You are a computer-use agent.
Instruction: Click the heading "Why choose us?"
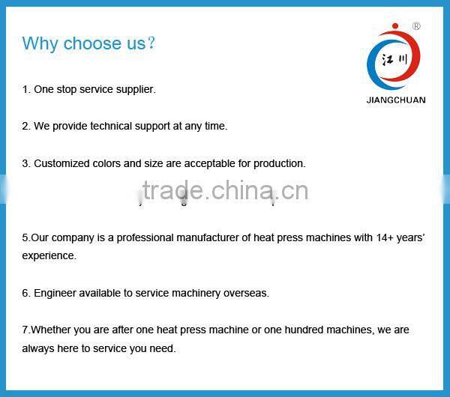tap(88, 43)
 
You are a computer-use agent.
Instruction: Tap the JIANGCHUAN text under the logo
tap(396, 100)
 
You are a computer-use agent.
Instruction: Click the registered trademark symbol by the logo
tap(416, 26)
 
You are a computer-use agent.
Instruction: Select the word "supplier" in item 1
tap(135, 89)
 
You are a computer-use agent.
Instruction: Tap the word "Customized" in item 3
tap(61, 163)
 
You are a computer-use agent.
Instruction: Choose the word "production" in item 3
tap(279, 163)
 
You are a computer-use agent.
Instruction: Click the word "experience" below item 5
tap(49, 255)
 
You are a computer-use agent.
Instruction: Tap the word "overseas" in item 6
tap(247, 293)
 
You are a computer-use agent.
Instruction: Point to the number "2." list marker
tap(26, 126)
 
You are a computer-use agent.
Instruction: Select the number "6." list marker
tap(26, 293)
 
